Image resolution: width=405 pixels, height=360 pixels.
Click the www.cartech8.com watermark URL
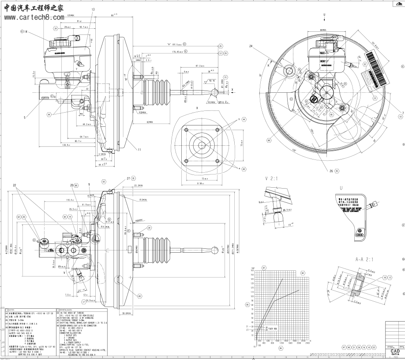34,17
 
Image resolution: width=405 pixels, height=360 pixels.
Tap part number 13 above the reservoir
93,9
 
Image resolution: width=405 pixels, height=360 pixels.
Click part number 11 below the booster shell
139,150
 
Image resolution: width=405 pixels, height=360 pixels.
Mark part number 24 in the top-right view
251,46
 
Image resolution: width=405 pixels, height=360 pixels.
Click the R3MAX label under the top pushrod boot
142,113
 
